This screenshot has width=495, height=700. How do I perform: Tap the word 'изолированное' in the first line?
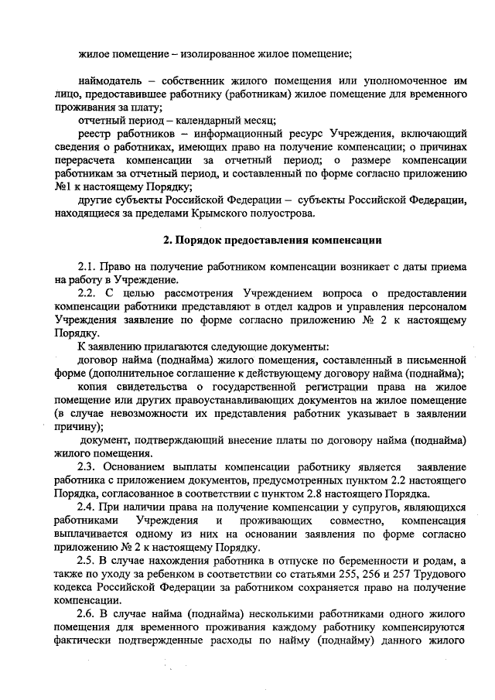click(x=218, y=54)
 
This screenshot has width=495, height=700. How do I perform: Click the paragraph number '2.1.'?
click(x=90, y=265)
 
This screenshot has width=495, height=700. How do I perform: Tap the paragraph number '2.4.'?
click(x=90, y=507)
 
